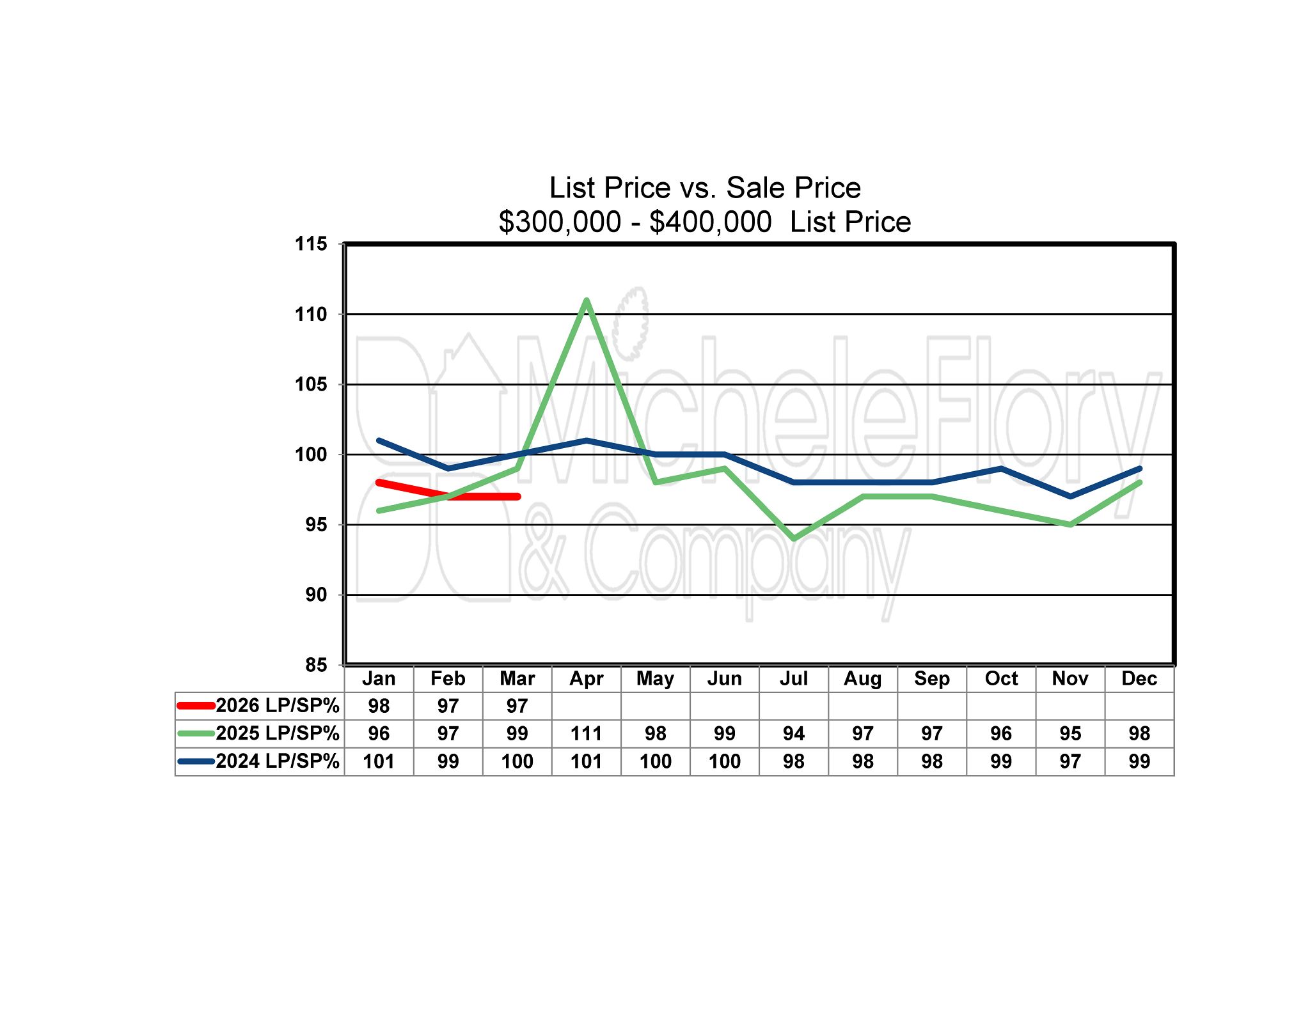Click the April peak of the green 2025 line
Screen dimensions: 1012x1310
click(x=587, y=300)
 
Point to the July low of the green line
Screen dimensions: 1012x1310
click(x=794, y=538)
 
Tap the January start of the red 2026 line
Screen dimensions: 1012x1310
click(x=379, y=483)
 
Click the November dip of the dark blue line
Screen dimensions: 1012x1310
click(x=1070, y=496)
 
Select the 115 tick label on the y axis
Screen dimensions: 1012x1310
click(x=311, y=244)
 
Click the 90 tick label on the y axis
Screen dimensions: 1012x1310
click(x=316, y=595)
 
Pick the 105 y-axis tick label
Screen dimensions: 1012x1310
click(x=311, y=384)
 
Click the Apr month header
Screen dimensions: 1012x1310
click(x=587, y=678)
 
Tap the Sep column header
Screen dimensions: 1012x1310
click(x=932, y=678)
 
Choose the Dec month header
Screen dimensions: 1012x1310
click(x=1139, y=678)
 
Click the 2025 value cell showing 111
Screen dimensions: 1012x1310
click(x=587, y=733)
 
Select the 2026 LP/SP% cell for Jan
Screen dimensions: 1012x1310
click(x=379, y=706)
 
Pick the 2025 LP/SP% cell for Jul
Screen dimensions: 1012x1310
click(x=794, y=733)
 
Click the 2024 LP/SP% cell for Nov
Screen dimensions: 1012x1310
click(x=1070, y=761)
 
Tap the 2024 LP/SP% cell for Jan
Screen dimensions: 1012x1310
click(x=379, y=761)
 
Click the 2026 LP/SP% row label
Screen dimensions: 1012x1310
click(x=277, y=706)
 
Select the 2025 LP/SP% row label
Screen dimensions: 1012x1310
click(x=277, y=733)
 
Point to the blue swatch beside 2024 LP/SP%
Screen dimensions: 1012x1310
click(x=196, y=761)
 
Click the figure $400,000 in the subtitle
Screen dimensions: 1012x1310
click(x=710, y=222)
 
